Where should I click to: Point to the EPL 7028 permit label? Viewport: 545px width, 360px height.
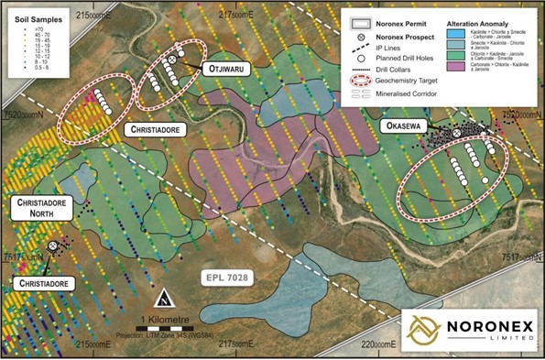click(x=228, y=276)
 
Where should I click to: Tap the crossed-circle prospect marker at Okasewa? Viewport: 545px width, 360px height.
click(x=456, y=134)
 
